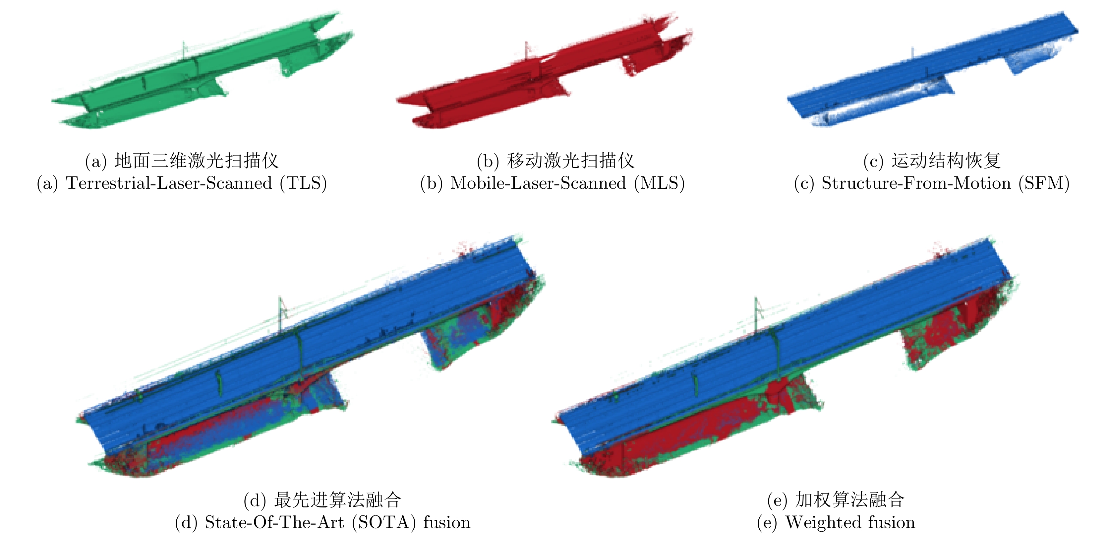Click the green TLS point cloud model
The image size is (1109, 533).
(202, 71)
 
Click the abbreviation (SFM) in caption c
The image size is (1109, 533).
(1044, 183)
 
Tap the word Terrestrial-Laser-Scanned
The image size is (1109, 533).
(169, 183)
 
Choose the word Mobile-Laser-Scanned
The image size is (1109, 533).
(538, 183)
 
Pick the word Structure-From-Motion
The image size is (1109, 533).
(916, 183)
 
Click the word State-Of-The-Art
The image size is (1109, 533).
(274, 522)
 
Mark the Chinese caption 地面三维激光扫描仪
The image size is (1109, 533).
(197, 161)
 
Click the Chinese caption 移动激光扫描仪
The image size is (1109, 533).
(570, 161)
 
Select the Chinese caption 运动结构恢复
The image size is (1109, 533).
(946, 161)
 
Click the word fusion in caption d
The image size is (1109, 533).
(447, 522)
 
